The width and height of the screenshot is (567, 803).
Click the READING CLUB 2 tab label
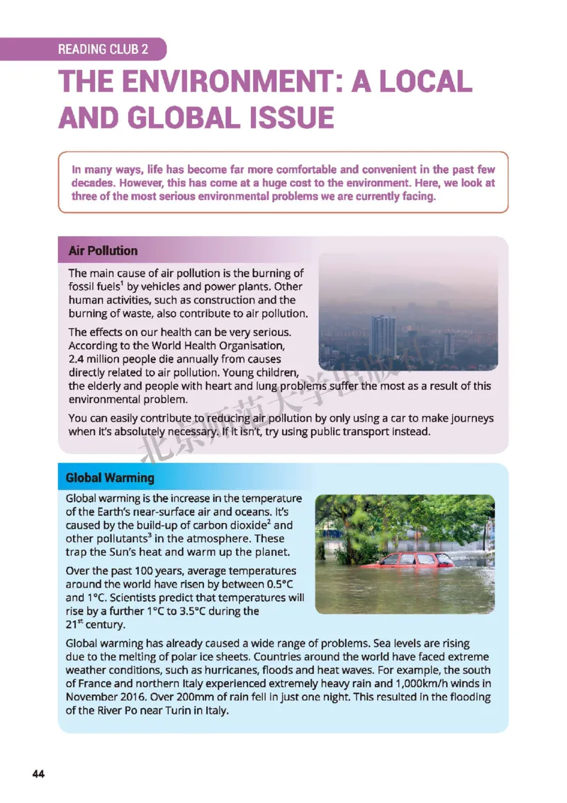(103, 50)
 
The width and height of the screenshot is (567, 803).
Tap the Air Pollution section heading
(103, 251)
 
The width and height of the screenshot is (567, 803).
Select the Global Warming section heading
(109, 478)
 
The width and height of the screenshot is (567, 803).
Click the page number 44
(38, 774)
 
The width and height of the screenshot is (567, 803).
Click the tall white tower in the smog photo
(383, 336)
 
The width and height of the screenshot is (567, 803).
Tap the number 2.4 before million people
(77, 359)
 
